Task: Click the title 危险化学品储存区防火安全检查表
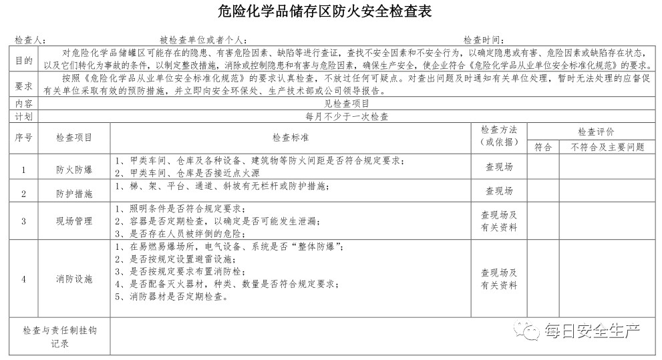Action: tap(331, 11)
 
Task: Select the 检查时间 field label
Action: tap(484, 40)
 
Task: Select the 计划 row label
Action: tap(24, 116)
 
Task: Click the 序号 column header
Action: tap(24, 138)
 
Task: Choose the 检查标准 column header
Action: tap(291, 138)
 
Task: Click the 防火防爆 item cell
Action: tap(74, 170)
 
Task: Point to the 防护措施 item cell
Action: tap(74, 194)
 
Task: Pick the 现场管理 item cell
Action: tap(74, 221)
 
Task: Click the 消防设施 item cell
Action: tap(74, 279)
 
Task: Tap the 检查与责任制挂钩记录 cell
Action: tap(60, 337)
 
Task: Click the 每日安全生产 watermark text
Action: tap(592, 330)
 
